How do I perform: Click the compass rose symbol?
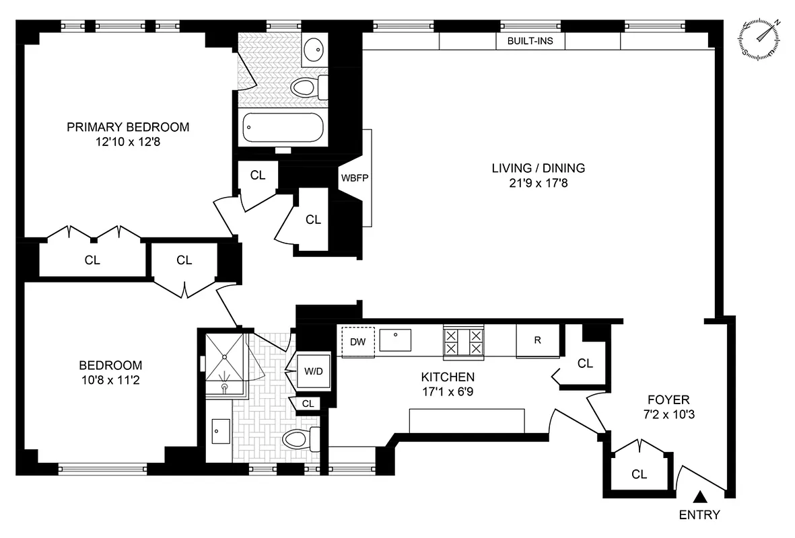pos(760,40)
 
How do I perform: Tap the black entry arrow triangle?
pos(700,498)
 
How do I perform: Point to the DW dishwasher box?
pos(358,342)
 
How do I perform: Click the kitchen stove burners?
pos(463,342)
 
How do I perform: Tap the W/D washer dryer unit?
pos(313,371)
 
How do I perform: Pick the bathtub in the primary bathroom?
pos(281,126)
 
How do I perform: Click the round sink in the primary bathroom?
pos(314,49)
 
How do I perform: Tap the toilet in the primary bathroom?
pos(307,87)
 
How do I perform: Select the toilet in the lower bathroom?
pos(300,440)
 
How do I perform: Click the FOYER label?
pos(667,399)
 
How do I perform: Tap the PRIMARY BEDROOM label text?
pos(128,127)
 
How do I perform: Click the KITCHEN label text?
pos(448,377)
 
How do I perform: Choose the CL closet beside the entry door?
pos(639,474)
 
